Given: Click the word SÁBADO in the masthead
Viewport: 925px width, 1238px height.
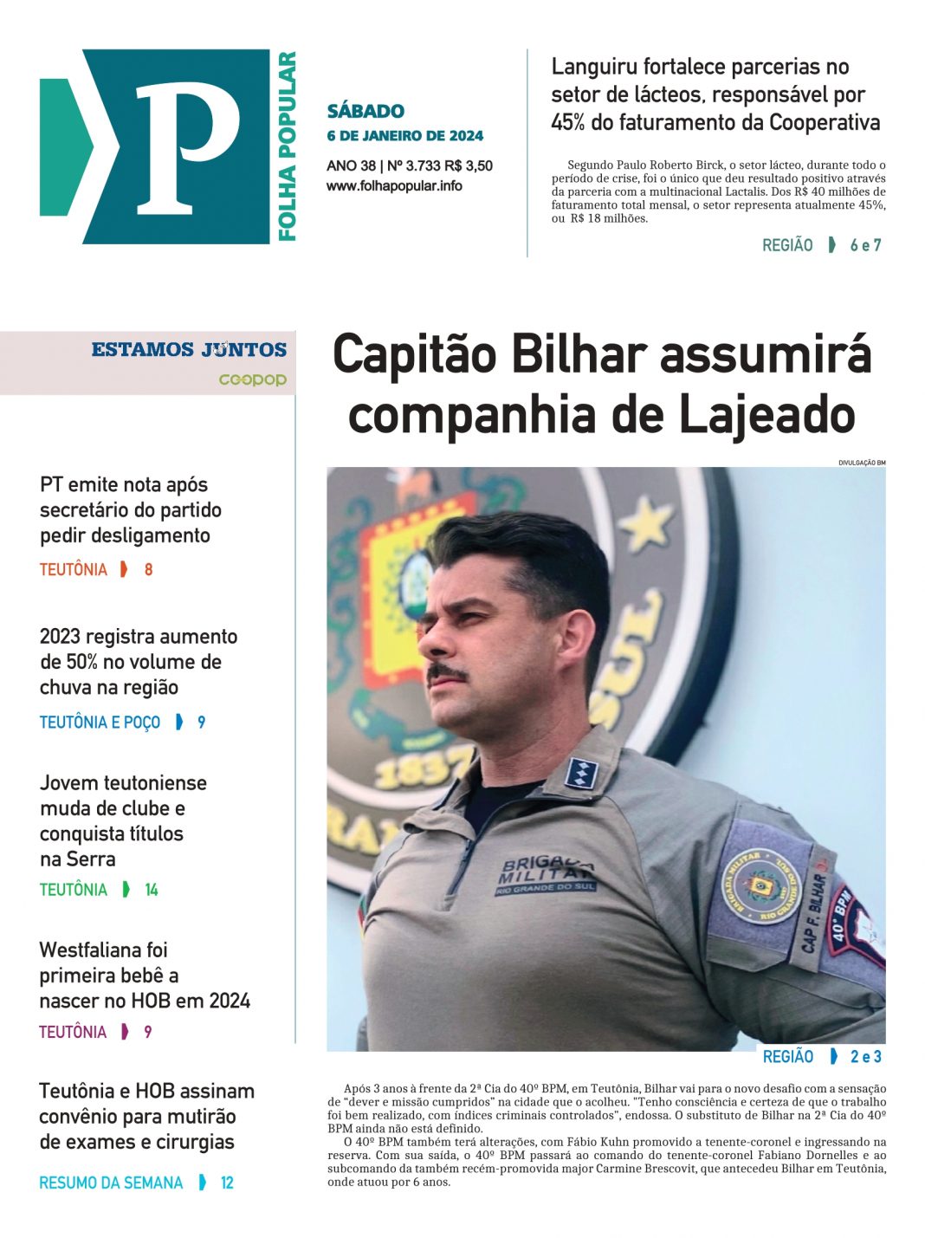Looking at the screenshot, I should [365, 111].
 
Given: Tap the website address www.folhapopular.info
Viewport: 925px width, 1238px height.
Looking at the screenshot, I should [394, 185].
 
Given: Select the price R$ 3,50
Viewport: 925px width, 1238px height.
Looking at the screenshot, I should [469, 165].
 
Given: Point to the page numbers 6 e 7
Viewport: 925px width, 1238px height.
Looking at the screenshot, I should [865, 245].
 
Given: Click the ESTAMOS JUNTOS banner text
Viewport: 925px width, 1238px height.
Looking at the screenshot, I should [189, 349].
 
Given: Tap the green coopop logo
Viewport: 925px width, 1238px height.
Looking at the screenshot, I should [252, 379].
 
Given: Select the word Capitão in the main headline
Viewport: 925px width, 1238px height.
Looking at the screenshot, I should [415, 355].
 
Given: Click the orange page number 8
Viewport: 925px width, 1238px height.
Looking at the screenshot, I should [148, 569].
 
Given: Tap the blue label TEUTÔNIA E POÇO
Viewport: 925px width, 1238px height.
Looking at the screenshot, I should [100, 722].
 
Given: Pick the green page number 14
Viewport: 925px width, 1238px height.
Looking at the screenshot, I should [152, 890].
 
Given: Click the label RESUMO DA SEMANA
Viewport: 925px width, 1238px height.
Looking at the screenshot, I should [111, 1183].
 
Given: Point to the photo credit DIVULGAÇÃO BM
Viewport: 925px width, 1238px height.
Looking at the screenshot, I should [861, 463].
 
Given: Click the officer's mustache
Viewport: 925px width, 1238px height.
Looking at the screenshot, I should [448, 672].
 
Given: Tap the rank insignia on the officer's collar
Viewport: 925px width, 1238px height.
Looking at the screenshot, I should [579, 771].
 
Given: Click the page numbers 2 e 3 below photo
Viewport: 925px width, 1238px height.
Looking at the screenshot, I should [865, 1056].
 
